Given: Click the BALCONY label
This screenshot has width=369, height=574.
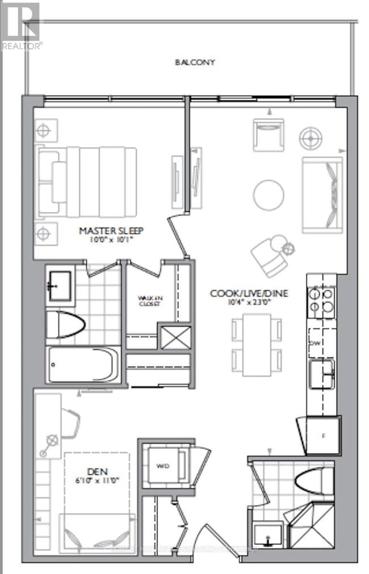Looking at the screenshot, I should click(195, 62).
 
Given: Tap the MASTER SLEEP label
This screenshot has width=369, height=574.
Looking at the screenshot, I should click(111, 231).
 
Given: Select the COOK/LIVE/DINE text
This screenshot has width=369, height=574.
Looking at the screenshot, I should click(250, 293).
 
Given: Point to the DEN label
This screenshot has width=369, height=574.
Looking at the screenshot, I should click(95, 470).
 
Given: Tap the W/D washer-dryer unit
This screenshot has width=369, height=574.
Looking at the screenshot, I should click(162, 466).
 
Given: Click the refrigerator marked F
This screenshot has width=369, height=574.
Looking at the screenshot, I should click(321, 435).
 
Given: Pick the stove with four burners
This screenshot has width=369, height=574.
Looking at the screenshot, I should click(321, 302).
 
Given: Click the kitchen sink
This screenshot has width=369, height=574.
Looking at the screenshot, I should click(321, 374).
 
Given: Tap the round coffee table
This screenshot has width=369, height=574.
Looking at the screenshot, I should click(269, 195).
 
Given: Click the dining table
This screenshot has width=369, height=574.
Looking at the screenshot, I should click(257, 344).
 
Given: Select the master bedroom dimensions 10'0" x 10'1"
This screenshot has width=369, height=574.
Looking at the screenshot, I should click(111, 240).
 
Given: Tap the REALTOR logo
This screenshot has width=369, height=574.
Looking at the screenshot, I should click(20, 26).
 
